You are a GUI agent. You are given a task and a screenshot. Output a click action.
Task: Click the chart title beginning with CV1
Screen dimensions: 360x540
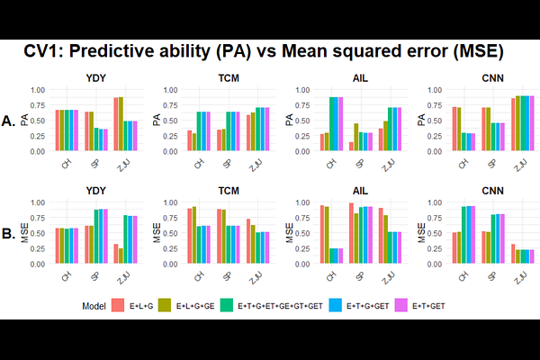coord(269,50)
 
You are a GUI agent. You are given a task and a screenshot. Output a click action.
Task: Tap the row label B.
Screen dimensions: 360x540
coord(10,236)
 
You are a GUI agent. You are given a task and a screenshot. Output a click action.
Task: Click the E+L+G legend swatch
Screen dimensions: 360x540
coord(118,305)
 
